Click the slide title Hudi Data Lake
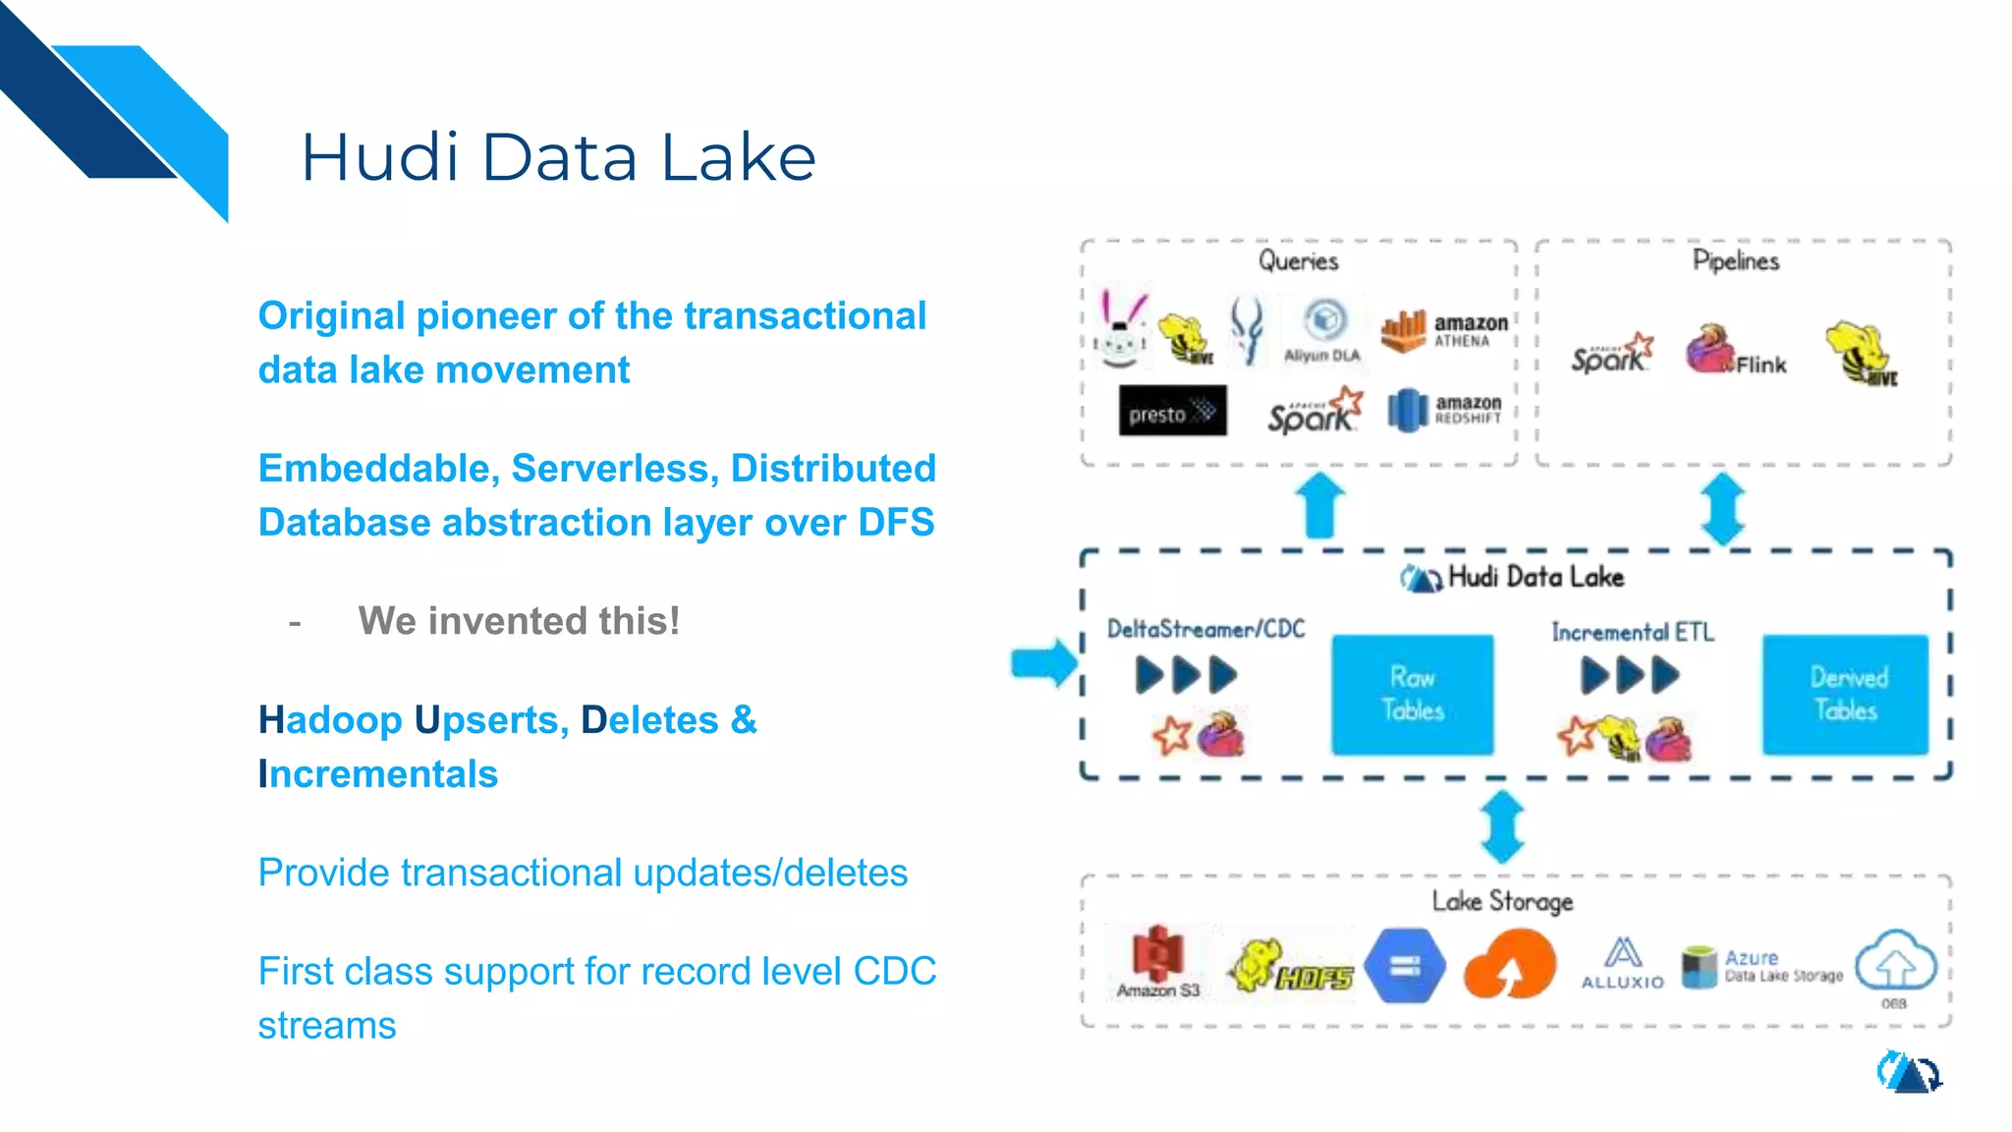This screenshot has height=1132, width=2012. coord(558,157)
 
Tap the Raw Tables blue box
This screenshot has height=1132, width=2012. coord(1412,694)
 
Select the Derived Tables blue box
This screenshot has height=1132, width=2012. coord(1846,694)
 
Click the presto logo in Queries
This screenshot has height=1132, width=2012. coord(1172,412)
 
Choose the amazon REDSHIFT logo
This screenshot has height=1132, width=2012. coord(1444,410)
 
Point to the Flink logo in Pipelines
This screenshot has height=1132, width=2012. coord(1734,353)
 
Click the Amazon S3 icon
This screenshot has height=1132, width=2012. coord(1158,960)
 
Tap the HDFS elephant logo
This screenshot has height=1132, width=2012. coord(1291,965)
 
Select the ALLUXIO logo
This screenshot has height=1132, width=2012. coord(1622,963)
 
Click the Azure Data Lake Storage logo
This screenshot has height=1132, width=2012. coord(1761,966)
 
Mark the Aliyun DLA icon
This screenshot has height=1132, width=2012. coord(1323,331)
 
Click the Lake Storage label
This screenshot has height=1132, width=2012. coord(1501,901)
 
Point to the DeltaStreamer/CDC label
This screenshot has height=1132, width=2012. coord(1205,629)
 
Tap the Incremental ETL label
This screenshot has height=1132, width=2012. coord(1632,632)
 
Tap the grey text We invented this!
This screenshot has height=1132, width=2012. coord(519,621)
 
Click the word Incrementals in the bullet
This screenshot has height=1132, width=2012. coord(378,774)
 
